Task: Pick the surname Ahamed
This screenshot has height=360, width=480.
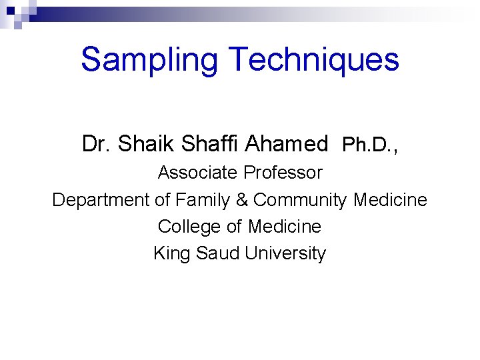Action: pyautogui.click(x=287, y=143)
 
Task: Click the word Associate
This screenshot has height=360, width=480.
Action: pyautogui.click(x=197, y=173)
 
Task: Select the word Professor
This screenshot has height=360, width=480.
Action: pyautogui.click(x=283, y=173)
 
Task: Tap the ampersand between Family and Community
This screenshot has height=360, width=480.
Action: pyautogui.click(x=244, y=200)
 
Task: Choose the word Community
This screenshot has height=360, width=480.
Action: pyautogui.click(x=301, y=200)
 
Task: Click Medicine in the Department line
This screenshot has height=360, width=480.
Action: pyautogui.click(x=391, y=200)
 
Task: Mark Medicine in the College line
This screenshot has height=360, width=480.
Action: pyautogui.click(x=285, y=227)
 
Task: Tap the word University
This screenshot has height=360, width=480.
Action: pyautogui.click(x=285, y=254)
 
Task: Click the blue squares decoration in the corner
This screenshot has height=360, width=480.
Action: pyautogui.click(x=15, y=13)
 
